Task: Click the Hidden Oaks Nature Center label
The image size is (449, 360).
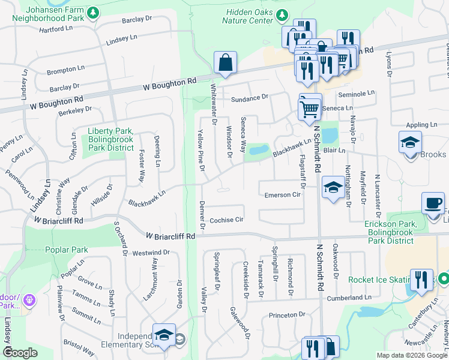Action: tap(249, 16)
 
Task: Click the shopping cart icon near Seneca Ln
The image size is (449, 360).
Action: tap(310, 109)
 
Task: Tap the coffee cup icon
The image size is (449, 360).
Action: tap(432, 203)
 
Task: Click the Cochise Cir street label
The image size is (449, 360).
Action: tap(226, 220)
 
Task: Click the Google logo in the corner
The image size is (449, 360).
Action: tap(20, 353)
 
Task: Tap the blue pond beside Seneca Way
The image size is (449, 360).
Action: tap(258, 149)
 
